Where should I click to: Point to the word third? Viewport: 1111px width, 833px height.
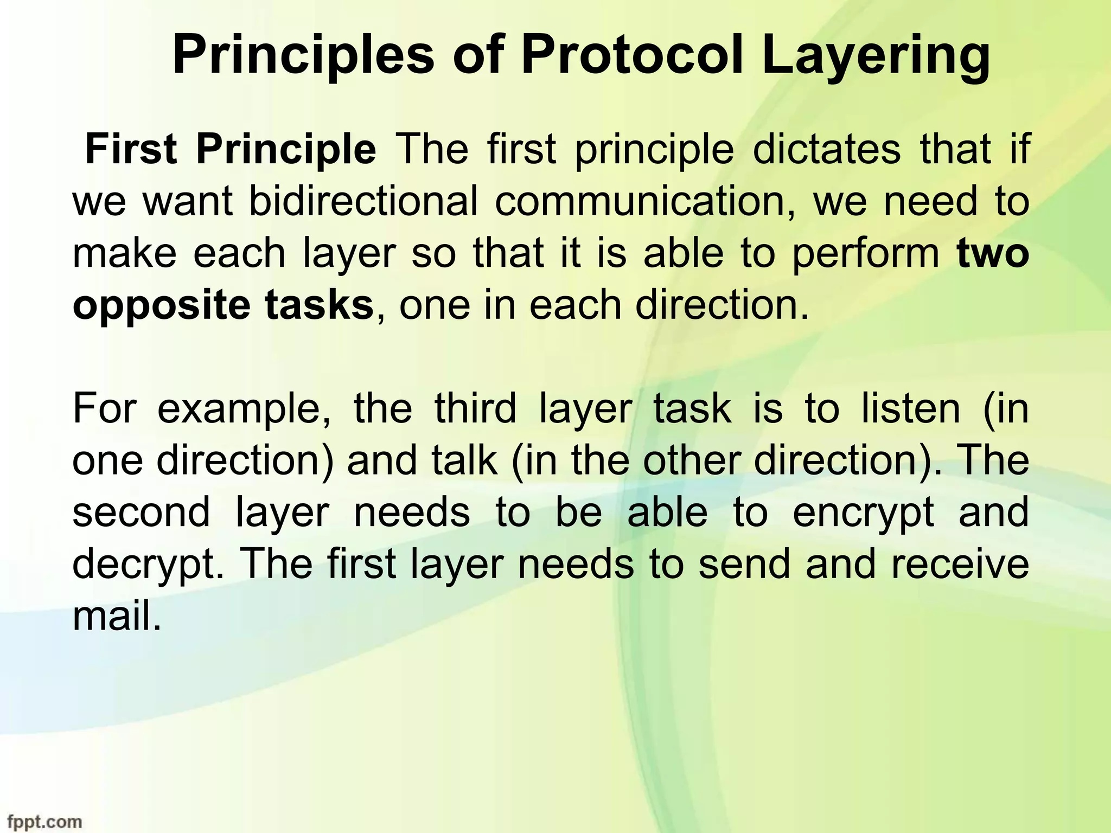point(475,409)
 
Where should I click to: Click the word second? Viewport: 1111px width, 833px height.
point(141,512)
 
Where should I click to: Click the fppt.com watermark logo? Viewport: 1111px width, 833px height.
point(41,822)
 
